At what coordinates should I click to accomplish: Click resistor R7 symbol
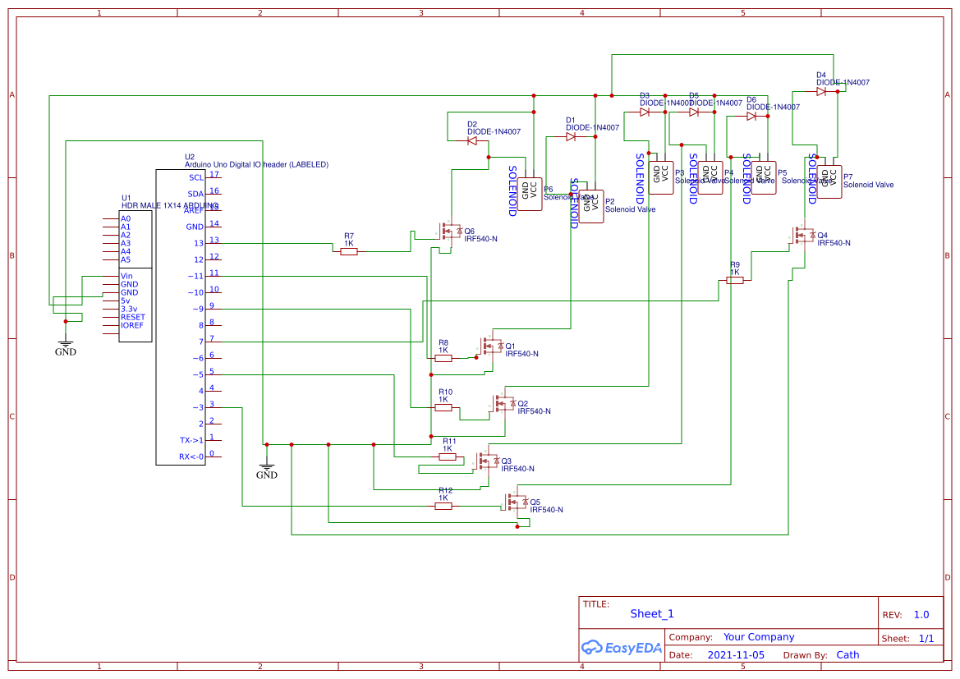[x=349, y=252]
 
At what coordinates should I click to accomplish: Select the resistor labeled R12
[x=443, y=507]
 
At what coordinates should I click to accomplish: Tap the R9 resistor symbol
[x=735, y=280]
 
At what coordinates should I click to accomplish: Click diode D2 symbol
[x=472, y=141]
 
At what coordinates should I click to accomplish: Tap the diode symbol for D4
[x=821, y=92]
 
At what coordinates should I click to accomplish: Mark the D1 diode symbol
[x=571, y=137]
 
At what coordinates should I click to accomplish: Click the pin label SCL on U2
[x=195, y=177]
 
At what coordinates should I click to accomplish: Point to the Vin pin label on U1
[x=126, y=276]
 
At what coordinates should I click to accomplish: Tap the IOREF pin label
[x=132, y=326]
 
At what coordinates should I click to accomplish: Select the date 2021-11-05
[x=735, y=655]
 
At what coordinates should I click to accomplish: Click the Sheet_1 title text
[x=652, y=613]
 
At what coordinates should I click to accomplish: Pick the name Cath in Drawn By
[x=847, y=655]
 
